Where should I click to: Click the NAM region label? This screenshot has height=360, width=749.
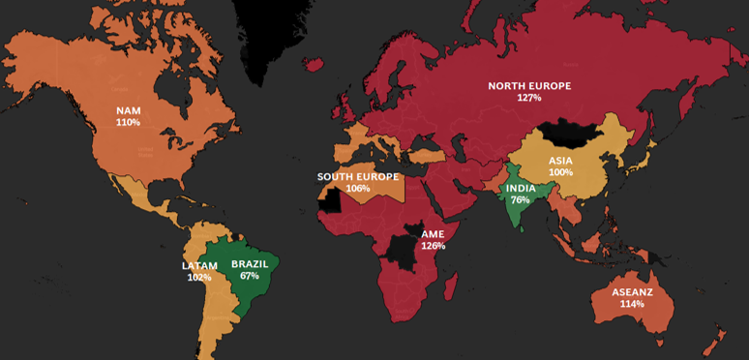click(128, 110)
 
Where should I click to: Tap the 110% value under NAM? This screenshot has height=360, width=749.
click(128, 123)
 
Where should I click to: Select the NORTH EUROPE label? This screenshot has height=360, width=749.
click(528, 85)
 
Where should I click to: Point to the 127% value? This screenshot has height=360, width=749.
click(528, 98)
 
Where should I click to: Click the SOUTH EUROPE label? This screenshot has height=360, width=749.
click(357, 176)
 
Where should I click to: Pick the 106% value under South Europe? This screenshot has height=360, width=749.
click(357, 189)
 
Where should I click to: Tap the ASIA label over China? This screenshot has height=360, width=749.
click(560, 160)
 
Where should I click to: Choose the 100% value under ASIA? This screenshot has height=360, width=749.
click(560, 172)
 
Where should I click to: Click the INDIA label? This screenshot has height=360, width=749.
click(520, 187)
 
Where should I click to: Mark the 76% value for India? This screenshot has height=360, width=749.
click(520, 199)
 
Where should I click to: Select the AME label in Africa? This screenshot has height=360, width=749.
click(433, 233)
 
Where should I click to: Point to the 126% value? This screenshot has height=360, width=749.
click(433, 246)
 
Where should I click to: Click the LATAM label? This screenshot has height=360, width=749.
click(199, 265)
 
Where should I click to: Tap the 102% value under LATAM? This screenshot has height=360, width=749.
click(199, 278)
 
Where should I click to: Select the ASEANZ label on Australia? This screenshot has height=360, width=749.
click(632, 290)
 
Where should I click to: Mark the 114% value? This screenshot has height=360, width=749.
click(632, 303)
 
